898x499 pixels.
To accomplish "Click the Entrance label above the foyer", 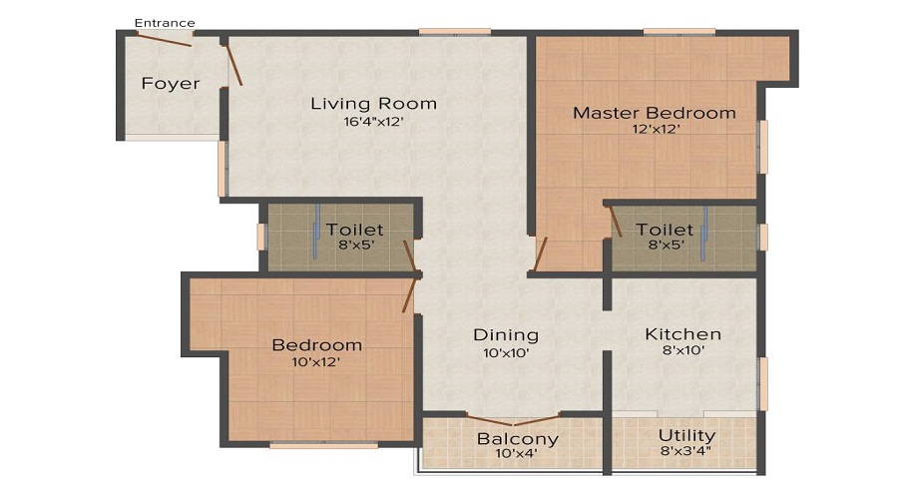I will pyautogui.click(x=165, y=23).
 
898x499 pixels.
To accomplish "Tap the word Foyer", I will pyautogui.click(x=170, y=84).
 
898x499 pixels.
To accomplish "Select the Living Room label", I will pyautogui.click(x=373, y=104).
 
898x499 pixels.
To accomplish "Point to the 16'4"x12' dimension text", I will pyautogui.click(x=373, y=123).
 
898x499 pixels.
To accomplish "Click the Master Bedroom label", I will pyautogui.click(x=654, y=113).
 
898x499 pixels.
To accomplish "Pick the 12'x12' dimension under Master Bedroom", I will pyautogui.click(x=654, y=130).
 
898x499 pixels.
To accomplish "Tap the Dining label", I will pyautogui.click(x=506, y=335).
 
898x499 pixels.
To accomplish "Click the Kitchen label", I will pyautogui.click(x=682, y=334).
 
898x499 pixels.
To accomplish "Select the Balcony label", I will pyautogui.click(x=517, y=439).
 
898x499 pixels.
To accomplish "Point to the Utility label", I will pyautogui.click(x=686, y=436).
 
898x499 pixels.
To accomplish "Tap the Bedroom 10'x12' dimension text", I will pyautogui.click(x=316, y=363).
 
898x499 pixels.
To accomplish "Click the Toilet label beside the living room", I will pyautogui.click(x=354, y=231).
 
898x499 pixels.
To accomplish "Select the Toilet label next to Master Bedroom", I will pyautogui.click(x=665, y=231).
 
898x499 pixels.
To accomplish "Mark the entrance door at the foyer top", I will pyautogui.click(x=165, y=41).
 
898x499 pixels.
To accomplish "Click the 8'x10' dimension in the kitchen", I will pyautogui.click(x=682, y=352).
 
